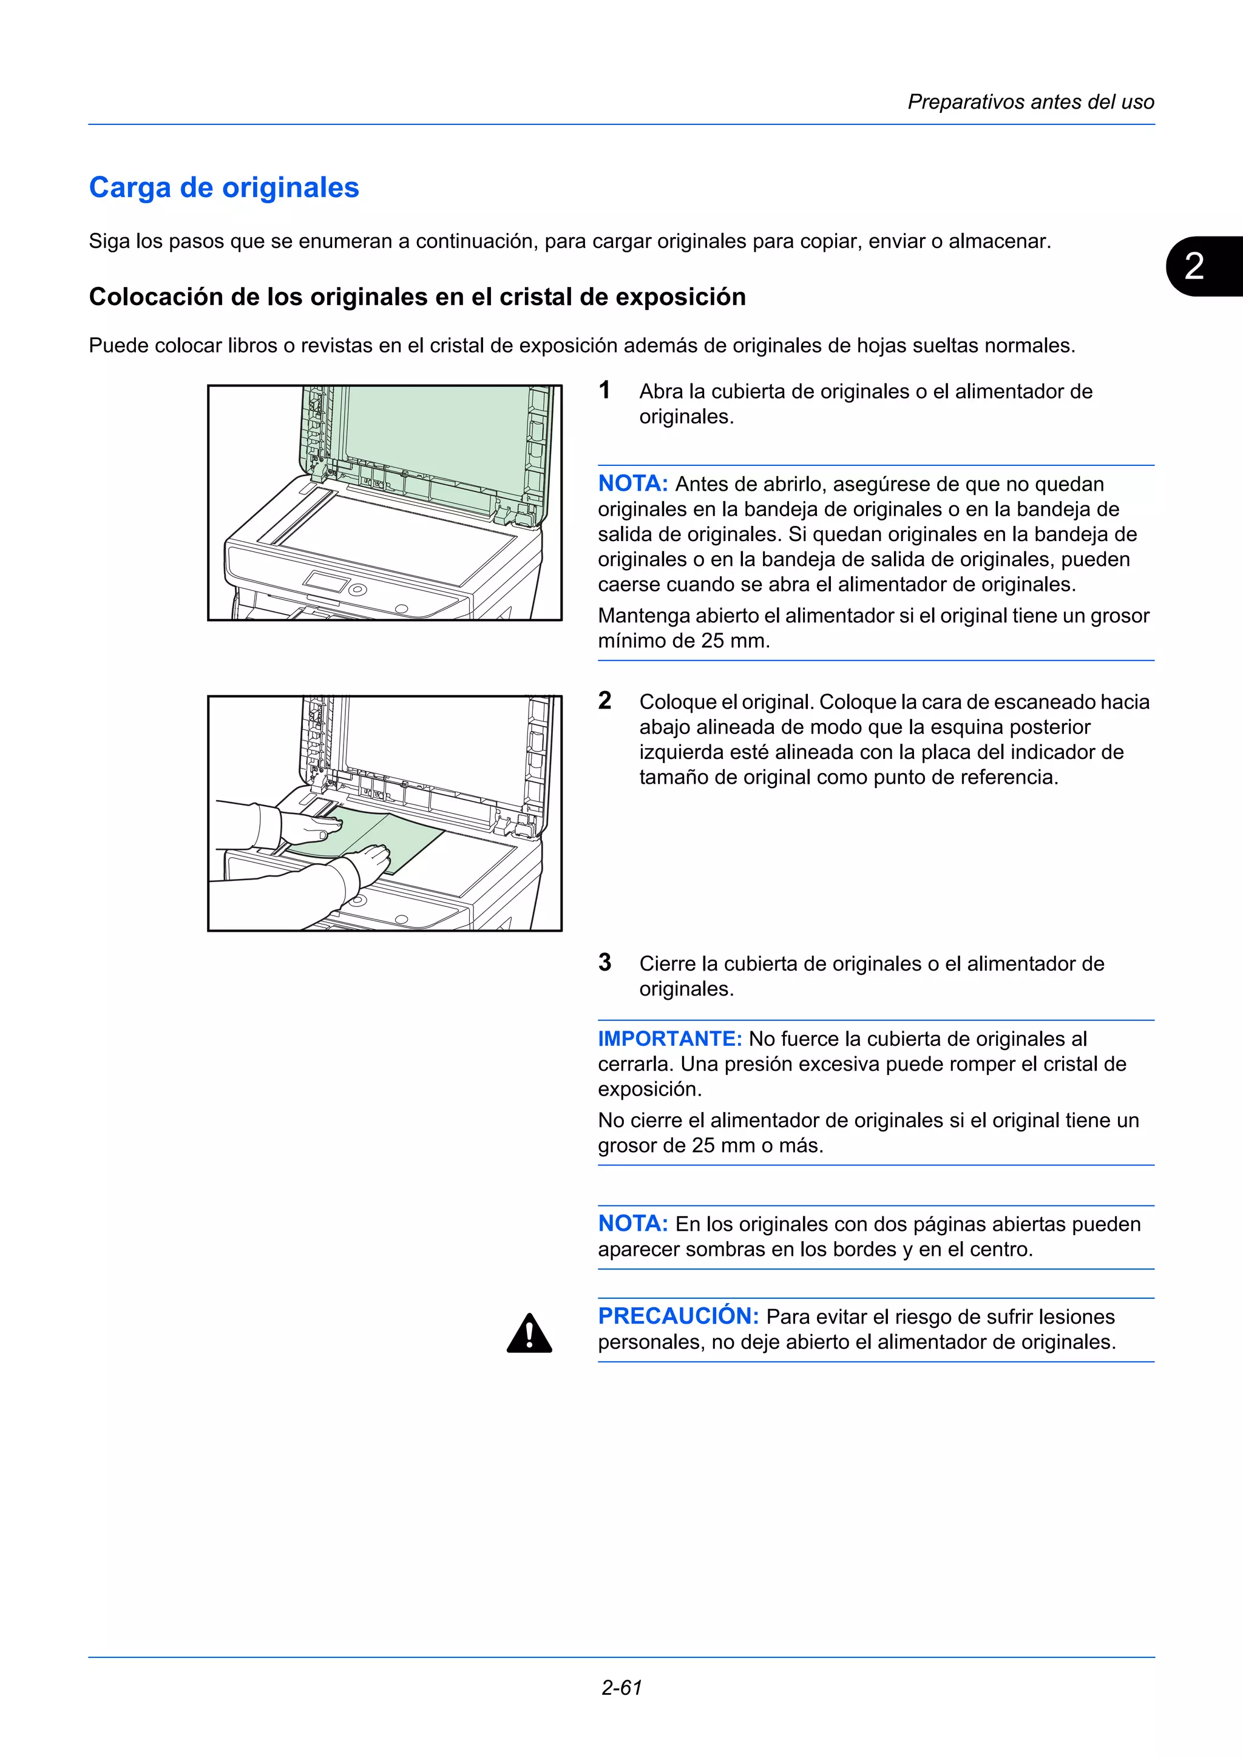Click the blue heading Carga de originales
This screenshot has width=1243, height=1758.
click(x=223, y=187)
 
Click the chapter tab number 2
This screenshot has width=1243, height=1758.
click(x=1193, y=266)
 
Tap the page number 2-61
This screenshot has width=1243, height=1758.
click(x=621, y=1688)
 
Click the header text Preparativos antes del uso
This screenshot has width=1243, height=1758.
click(x=1030, y=102)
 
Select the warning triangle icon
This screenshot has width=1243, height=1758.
click(x=529, y=1334)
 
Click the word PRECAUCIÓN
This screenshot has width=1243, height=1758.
click(x=678, y=1316)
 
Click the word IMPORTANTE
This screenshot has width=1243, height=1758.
click(x=669, y=1039)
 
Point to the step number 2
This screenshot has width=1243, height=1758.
click(x=605, y=700)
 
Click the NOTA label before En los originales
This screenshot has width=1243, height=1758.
click(x=632, y=1224)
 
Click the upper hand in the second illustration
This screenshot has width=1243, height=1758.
click(x=314, y=827)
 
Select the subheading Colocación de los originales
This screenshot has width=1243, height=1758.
click(x=416, y=297)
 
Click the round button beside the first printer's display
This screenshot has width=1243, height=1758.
click(x=357, y=590)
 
